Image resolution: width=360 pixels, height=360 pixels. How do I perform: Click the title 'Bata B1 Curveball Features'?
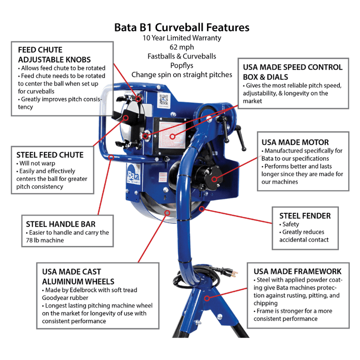(x=181, y=27)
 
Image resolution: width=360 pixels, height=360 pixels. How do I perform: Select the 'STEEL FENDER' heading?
(x=305, y=216)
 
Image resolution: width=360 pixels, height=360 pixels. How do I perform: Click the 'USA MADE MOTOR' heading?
(x=295, y=142)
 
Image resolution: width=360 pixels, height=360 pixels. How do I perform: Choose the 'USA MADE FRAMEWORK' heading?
(x=297, y=271)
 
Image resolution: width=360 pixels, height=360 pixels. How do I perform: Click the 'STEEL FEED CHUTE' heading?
(x=50, y=155)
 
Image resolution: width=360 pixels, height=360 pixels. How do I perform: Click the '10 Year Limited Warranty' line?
(x=181, y=38)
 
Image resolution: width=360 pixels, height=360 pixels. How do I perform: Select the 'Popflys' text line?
(x=181, y=65)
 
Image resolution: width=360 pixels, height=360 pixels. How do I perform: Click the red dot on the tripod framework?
(x=207, y=298)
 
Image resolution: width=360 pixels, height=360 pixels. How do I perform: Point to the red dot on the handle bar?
(x=111, y=157)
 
